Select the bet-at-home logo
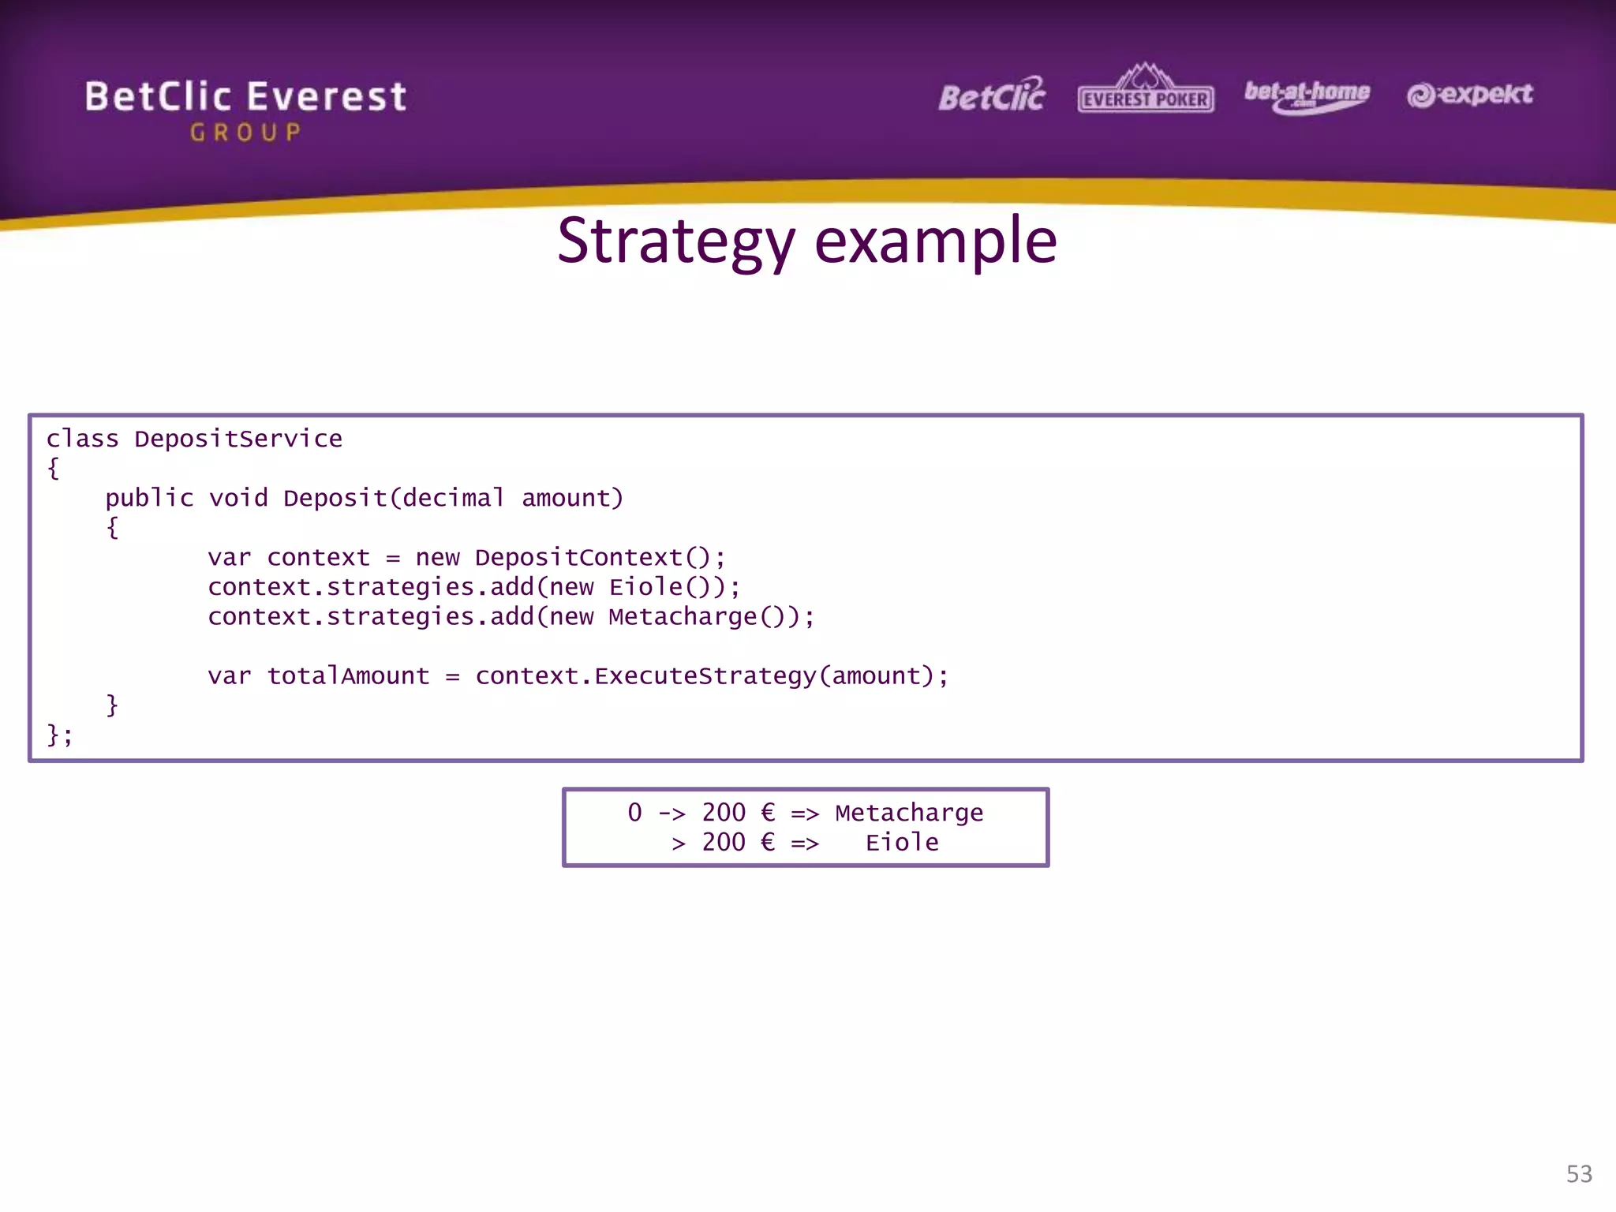[x=1307, y=95]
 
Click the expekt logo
[x=1469, y=95]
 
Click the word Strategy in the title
[x=676, y=241]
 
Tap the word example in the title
[x=935, y=241]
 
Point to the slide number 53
[x=1579, y=1174]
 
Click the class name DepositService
[x=238, y=439]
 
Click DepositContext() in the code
[x=599, y=557]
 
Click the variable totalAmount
[x=348, y=675]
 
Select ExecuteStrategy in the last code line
[x=705, y=675]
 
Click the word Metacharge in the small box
[x=909, y=813]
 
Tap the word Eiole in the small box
[x=902, y=843]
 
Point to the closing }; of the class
[x=59, y=735]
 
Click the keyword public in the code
[x=149, y=498]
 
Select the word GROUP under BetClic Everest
[x=245, y=133]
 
